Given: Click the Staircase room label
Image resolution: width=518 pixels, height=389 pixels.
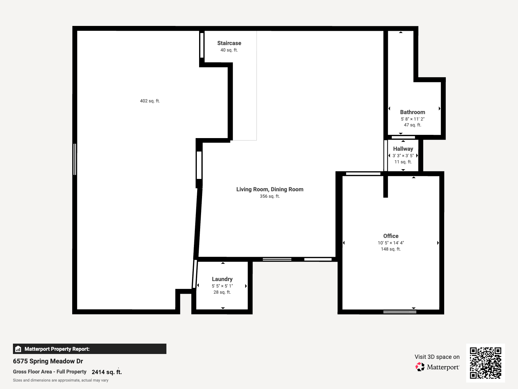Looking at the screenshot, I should point(229,43).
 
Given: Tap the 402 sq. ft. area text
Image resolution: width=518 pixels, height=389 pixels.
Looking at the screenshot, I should point(150,101).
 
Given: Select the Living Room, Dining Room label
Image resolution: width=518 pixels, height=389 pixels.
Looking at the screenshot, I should point(270,189).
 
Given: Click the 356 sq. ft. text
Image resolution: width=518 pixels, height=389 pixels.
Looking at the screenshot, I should point(270,196).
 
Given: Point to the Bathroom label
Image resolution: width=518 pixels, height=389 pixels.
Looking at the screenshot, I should point(412,112).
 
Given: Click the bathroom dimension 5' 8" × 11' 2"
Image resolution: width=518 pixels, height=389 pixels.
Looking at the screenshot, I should point(412,119).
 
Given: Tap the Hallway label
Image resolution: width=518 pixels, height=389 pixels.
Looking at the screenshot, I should point(403,149).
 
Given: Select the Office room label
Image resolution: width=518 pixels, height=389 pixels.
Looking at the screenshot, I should point(391,236).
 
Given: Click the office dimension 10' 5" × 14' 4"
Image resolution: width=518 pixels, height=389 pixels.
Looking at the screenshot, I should point(391,243).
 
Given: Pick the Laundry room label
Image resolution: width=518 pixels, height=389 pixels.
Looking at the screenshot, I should point(222,279).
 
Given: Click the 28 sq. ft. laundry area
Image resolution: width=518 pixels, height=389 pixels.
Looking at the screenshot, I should point(222,292).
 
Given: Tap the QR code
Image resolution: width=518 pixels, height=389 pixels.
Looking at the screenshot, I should point(485,363).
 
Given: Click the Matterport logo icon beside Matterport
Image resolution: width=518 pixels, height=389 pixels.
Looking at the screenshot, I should point(420,367).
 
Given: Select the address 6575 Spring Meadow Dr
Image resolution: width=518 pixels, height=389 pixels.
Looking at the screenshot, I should point(48,361).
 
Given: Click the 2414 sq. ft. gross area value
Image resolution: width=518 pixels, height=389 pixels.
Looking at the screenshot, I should point(107,372).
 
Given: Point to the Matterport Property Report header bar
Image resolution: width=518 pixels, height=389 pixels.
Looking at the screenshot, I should point(89,349).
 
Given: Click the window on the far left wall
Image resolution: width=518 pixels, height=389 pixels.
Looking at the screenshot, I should point(75,159).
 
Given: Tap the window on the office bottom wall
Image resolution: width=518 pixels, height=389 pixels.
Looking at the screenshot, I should point(400,312).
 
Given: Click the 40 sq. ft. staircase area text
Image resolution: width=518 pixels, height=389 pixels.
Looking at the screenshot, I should point(229,50).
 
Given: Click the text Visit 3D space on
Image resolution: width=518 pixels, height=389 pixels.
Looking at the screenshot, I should point(437,357).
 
